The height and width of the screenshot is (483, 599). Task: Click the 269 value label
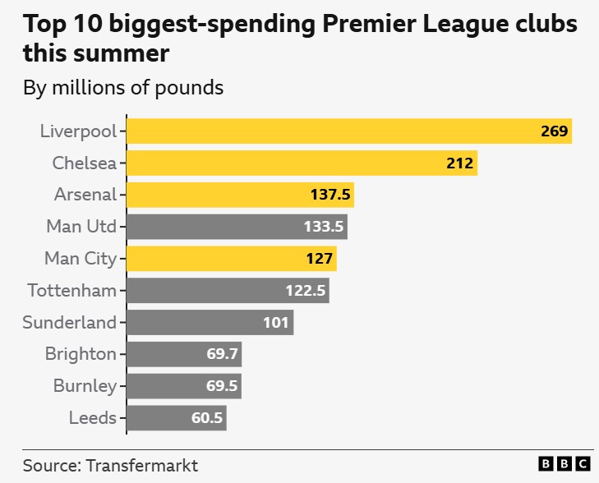[x=555, y=131]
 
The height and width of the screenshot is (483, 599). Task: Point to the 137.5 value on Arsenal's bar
[x=330, y=195]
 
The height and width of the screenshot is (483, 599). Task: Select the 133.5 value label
[x=324, y=227]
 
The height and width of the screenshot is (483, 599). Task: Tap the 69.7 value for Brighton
[x=222, y=355]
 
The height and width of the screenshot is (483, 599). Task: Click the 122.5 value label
[x=306, y=291]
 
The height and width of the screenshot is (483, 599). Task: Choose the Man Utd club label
[x=81, y=227]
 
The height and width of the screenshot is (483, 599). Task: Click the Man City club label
[x=81, y=259]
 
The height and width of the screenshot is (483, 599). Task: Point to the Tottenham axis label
[x=72, y=291]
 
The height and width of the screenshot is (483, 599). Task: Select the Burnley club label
[x=85, y=386]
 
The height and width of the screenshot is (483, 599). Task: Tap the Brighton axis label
[x=81, y=354]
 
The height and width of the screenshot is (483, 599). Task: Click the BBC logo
[x=564, y=464]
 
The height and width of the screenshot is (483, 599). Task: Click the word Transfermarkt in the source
[x=141, y=466]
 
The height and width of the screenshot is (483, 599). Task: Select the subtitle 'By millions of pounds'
[x=123, y=87]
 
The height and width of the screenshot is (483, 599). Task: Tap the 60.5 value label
[x=207, y=418]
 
